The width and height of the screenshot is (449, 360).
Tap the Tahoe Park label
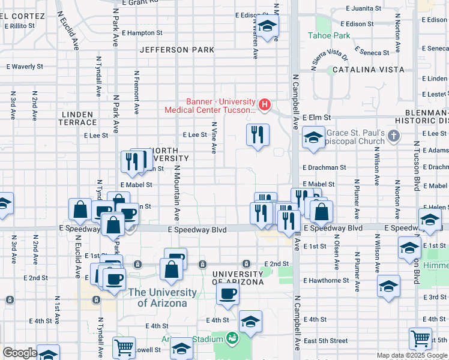pos(328,35)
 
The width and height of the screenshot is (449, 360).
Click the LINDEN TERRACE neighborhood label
pos(77,118)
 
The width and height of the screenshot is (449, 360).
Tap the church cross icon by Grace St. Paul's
pos(393,136)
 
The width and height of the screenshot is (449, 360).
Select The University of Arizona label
pos(162,298)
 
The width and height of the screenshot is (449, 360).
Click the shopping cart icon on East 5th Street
pos(420,338)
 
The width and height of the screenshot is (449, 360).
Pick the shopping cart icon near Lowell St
pos(124,347)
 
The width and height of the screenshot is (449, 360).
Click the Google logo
pos(19,353)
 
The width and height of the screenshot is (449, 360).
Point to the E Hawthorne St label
pos(326,280)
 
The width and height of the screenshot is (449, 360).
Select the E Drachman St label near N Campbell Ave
pos(324,168)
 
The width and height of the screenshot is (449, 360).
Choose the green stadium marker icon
pos(232,338)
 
